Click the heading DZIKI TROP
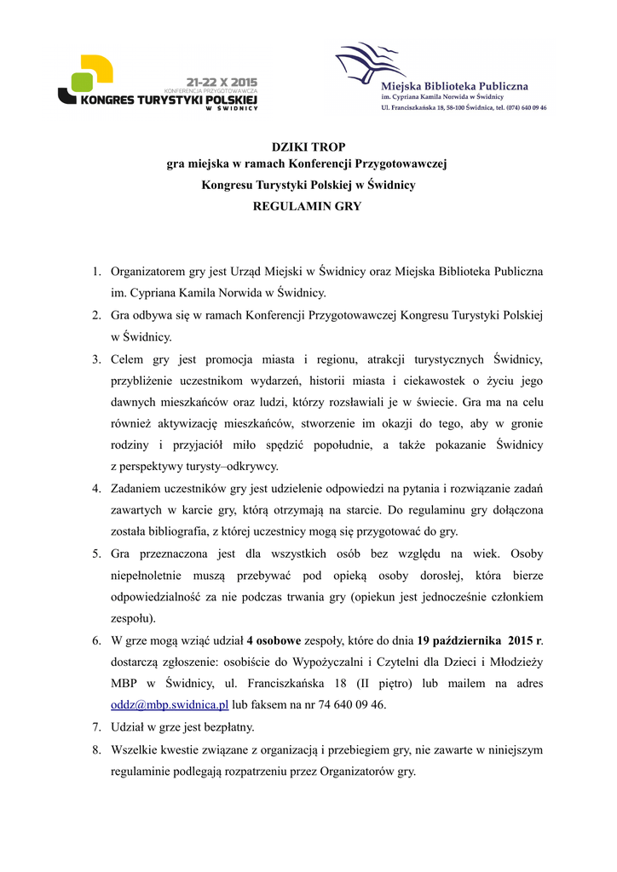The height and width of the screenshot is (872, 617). pos(308,147)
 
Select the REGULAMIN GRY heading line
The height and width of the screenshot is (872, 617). pos(308,206)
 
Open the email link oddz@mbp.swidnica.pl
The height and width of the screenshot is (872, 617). pos(170,704)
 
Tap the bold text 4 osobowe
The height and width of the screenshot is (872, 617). pos(273,640)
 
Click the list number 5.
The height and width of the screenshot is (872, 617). pos(96,554)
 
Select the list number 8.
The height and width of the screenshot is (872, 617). pos(96,749)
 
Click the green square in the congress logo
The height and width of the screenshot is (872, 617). pos(82,82)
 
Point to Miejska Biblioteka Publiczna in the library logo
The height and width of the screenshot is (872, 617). pos(454,86)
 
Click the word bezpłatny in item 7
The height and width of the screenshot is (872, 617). pos(229,727)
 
